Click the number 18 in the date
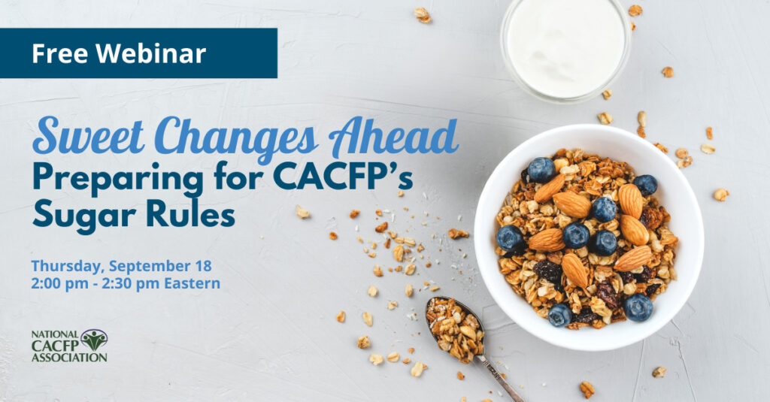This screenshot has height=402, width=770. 203,265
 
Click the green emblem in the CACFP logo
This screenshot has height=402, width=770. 94,339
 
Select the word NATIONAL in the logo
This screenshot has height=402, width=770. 55,334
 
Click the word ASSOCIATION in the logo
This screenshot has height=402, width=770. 68,358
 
